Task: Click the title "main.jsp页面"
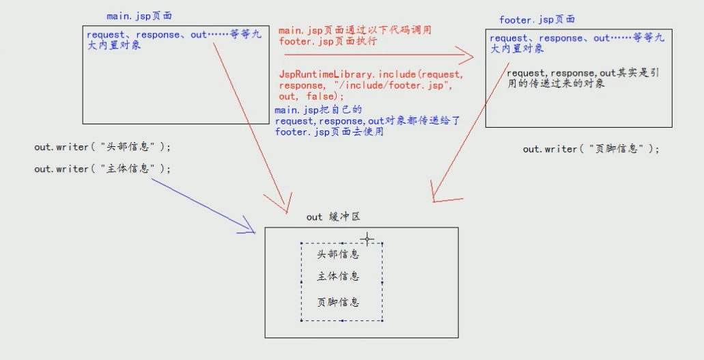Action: tap(139, 16)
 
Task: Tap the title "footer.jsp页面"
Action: tap(537, 20)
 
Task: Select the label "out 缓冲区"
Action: tap(333, 217)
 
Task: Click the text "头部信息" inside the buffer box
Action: tap(338, 254)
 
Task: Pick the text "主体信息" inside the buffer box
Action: tap(338, 277)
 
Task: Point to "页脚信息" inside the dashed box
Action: tap(338, 302)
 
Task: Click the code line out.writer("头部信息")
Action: tap(103, 147)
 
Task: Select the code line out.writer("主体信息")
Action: tap(103, 168)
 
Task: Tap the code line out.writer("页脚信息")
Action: tap(591, 148)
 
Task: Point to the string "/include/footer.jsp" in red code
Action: tap(390, 85)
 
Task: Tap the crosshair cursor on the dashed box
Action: tap(367, 239)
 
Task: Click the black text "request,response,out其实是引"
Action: tap(582, 73)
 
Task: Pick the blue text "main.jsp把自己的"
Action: tap(318, 110)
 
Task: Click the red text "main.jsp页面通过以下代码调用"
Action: tap(354, 31)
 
